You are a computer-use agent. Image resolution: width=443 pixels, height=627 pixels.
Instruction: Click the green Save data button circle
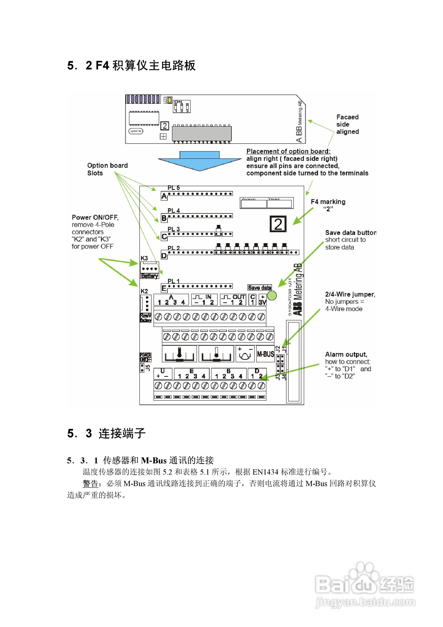pos(272,295)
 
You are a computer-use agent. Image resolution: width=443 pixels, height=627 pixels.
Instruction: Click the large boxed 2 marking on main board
pos(278,224)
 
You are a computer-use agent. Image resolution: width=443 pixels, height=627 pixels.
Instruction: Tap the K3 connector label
pos(144,258)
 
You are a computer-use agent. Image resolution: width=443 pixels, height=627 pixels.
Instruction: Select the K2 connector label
pos(144,291)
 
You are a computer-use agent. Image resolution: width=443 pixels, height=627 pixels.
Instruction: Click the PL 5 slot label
pos(174,188)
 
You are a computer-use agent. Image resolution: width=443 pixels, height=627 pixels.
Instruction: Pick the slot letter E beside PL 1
pos(164,288)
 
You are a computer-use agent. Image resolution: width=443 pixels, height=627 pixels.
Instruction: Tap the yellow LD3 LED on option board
pos(170,100)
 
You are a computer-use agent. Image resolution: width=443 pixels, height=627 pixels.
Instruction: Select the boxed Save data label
pos(259,288)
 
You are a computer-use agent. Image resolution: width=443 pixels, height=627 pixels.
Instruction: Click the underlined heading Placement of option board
pos(288,151)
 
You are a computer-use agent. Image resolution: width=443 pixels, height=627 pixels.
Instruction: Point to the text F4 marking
pos(328,202)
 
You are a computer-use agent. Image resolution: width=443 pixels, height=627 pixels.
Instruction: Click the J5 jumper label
pos(148,367)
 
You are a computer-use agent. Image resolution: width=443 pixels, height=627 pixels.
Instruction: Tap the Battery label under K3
pos(149,276)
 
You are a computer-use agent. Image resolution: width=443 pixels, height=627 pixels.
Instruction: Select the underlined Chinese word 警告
pos(90,484)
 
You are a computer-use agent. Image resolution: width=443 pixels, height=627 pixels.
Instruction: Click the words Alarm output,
pos(346,354)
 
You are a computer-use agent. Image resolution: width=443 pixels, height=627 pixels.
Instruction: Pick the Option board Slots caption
pos(107,169)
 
